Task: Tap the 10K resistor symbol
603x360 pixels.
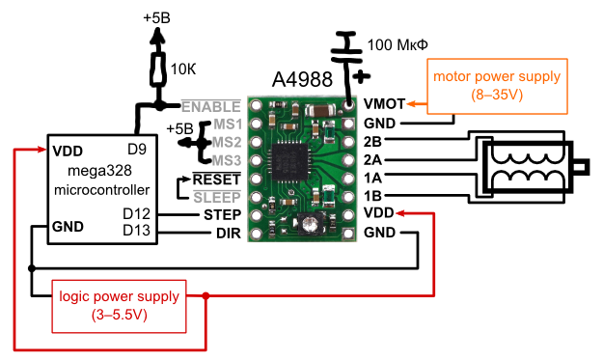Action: (x=157, y=69)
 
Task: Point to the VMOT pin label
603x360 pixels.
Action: (x=383, y=103)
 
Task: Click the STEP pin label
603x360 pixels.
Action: (x=222, y=214)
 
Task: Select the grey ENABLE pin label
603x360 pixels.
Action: (x=208, y=106)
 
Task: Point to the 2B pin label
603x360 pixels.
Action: (x=374, y=140)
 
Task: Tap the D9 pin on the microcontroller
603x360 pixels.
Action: (x=137, y=151)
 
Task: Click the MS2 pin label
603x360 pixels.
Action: (x=227, y=142)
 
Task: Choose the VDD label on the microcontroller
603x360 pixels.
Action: (x=68, y=151)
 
